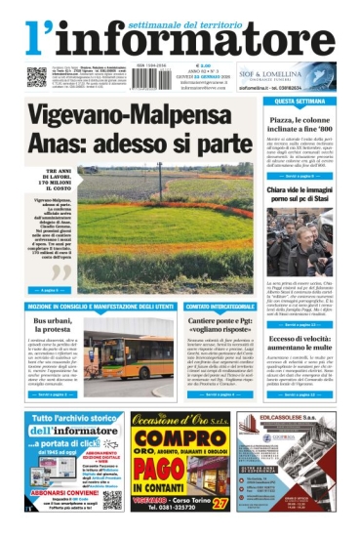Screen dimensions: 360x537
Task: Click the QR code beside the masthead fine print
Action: (x=36, y=75)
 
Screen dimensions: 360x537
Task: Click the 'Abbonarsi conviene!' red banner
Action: (x=52, y=491)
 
